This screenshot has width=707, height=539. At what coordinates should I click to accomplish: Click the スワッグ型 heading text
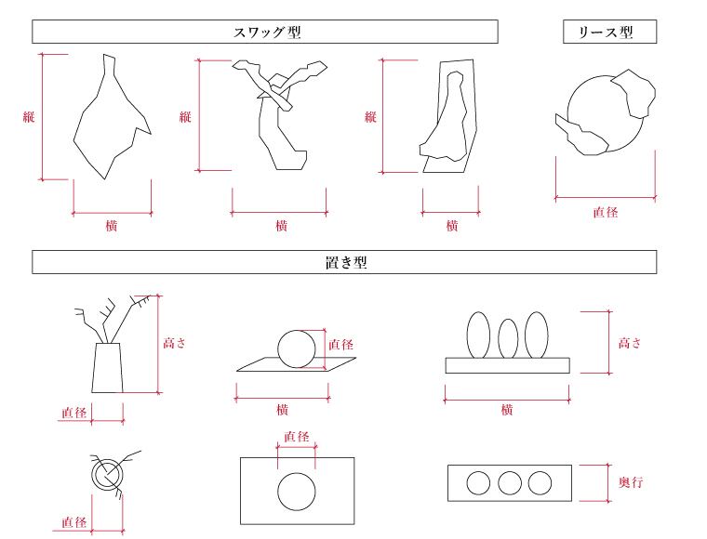point(266,33)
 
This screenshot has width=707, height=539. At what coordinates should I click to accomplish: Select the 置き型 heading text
point(345,263)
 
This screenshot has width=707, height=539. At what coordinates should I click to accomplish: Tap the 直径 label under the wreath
point(606,212)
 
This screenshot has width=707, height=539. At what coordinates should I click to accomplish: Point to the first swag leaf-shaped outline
point(107,121)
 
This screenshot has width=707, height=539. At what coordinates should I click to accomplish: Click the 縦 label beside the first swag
point(29,117)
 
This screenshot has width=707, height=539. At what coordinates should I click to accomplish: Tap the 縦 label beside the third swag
point(370,117)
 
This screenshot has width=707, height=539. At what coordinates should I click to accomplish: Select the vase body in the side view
point(108,367)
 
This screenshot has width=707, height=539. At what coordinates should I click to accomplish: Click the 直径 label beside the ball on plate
point(341,345)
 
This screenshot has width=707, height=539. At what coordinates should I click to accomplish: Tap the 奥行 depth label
point(631,482)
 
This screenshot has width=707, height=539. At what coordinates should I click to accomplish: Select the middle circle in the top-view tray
point(509,483)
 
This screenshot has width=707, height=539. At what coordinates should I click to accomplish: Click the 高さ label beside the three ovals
point(631,343)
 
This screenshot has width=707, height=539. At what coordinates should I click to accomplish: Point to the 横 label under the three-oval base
point(507,410)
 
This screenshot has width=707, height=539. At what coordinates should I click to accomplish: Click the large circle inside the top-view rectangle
point(297,490)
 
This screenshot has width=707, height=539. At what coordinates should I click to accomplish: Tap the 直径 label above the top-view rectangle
point(297,437)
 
